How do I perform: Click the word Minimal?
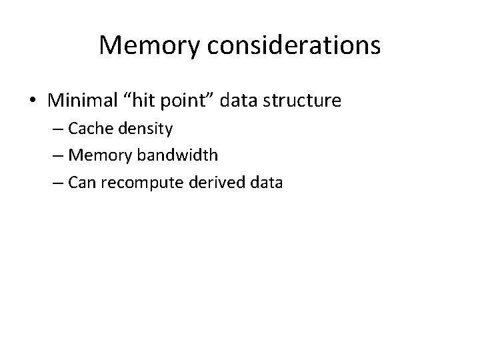pos(79,101)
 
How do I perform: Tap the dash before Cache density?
pos(57,129)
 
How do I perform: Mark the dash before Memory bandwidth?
pos(57,155)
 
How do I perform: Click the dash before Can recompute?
pos(57,182)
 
